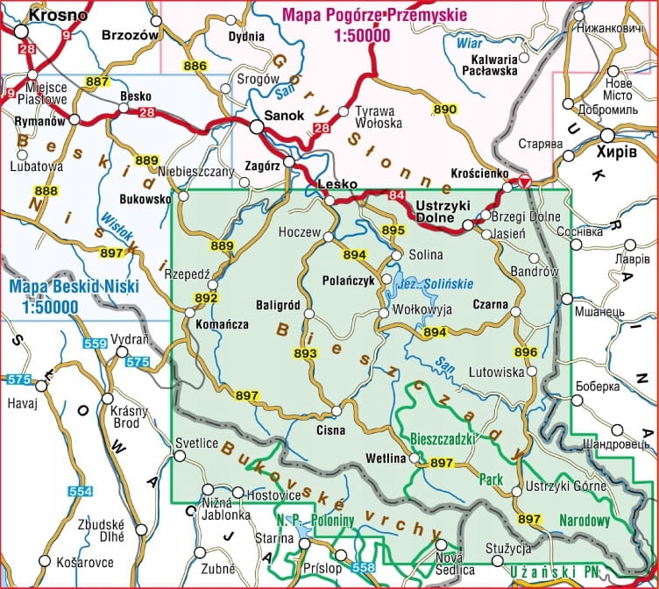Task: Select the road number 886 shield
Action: [195, 67]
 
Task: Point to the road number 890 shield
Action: [445, 109]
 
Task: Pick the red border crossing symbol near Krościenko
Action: [523, 181]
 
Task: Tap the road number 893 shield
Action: [305, 353]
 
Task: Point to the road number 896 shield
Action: [526, 352]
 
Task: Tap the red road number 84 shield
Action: [397, 195]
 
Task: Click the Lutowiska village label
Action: [498, 372]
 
